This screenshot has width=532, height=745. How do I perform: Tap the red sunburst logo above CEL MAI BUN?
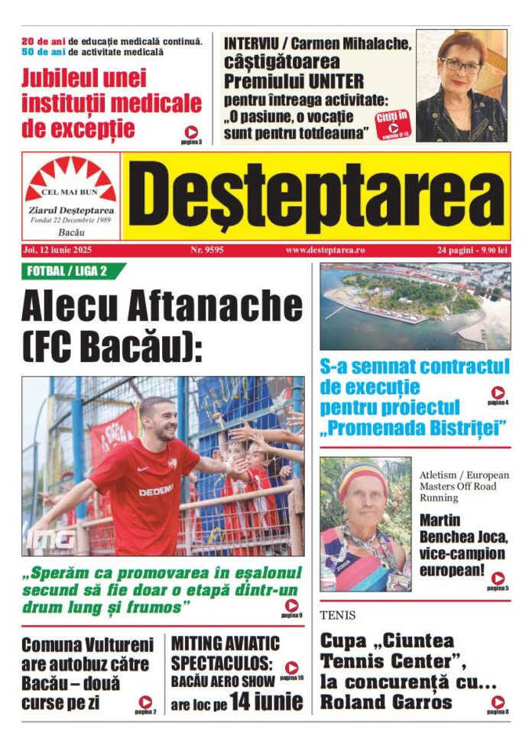click(x=70, y=177)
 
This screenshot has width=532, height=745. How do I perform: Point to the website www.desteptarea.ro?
click(x=325, y=250)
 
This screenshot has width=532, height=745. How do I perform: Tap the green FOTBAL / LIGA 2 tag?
click(x=70, y=270)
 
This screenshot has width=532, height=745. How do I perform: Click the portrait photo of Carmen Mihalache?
click(x=461, y=86)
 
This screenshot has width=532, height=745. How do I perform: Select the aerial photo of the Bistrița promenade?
click(x=414, y=306)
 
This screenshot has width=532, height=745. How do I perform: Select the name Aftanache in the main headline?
click(x=217, y=308)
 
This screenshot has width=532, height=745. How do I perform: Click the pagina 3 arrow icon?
click(x=191, y=131)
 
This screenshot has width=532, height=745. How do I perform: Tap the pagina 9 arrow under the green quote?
click(x=292, y=605)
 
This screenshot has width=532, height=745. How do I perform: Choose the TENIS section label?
click(x=338, y=615)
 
